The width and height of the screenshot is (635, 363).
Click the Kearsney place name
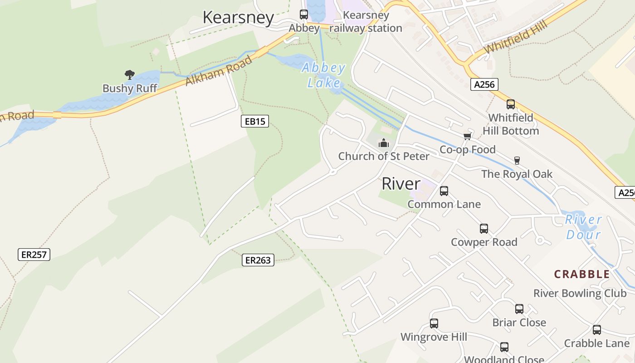coord(238,18)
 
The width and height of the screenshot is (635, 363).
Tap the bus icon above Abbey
coord(304,15)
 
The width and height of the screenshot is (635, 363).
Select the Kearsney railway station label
coord(366,22)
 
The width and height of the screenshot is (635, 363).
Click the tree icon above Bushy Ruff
coord(130,74)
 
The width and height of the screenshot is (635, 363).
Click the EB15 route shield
coord(255,121)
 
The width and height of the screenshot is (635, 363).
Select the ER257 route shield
coord(34,255)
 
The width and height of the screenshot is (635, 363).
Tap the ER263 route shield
coord(258,260)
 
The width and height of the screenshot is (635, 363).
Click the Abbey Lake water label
coord(324,75)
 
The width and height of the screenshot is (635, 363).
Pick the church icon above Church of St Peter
coord(384,143)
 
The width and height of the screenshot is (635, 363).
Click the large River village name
coord(401,184)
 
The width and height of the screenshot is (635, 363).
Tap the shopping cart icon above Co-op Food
coord(467,137)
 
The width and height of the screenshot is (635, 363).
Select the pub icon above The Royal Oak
coord(517,160)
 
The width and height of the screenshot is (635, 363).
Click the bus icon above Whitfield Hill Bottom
coord(511,104)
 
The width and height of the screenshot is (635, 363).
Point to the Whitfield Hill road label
coord(516,36)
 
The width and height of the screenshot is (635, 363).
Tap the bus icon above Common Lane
coord(444,191)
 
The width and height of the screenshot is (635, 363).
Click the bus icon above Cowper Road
coord(484,229)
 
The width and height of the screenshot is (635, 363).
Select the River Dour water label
coord(583,227)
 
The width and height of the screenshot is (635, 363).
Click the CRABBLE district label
coord(582,274)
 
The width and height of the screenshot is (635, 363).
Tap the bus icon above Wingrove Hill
coord(434,324)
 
